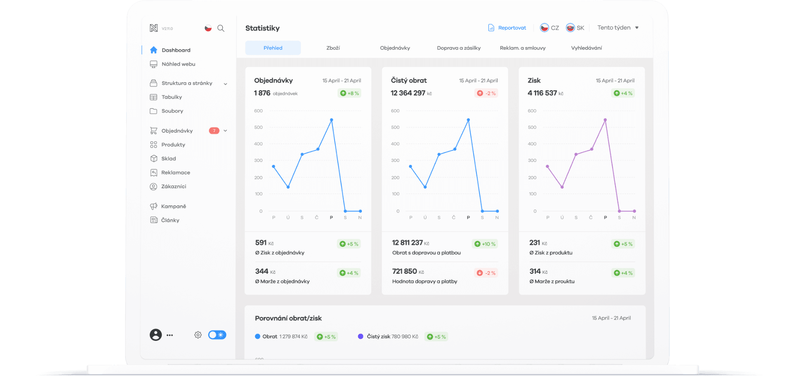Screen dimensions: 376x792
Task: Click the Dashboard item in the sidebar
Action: (x=176, y=50)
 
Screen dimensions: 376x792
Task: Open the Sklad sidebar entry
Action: (x=168, y=158)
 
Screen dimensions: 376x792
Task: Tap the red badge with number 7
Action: (x=214, y=131)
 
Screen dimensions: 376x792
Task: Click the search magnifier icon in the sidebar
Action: (x=221, y=28)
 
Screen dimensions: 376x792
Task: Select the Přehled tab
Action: (x=273, y=48)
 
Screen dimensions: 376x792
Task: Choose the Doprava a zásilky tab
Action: (x=459, y=48)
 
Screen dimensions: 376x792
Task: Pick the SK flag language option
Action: (x=575, y=28)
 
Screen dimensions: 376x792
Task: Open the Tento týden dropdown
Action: (x=618, y=28)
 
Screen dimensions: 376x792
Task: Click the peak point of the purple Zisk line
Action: (x=605, y=120)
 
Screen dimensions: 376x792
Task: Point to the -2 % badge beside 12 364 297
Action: (x=487, y=93)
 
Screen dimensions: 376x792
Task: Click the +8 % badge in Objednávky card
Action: (x=349, y=93)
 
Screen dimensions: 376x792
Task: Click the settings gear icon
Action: (x=198, y=335)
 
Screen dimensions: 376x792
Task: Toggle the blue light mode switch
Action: (x=217, y=335)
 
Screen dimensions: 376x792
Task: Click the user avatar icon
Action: (x=156, y=335)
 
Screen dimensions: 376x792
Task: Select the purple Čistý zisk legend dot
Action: (x=361, y=336)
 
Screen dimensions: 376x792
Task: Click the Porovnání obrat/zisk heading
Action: (x=288, y=318)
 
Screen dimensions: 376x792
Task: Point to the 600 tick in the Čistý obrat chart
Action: (x=395, y=111)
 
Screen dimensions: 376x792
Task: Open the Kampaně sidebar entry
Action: (x=173, y=206)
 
